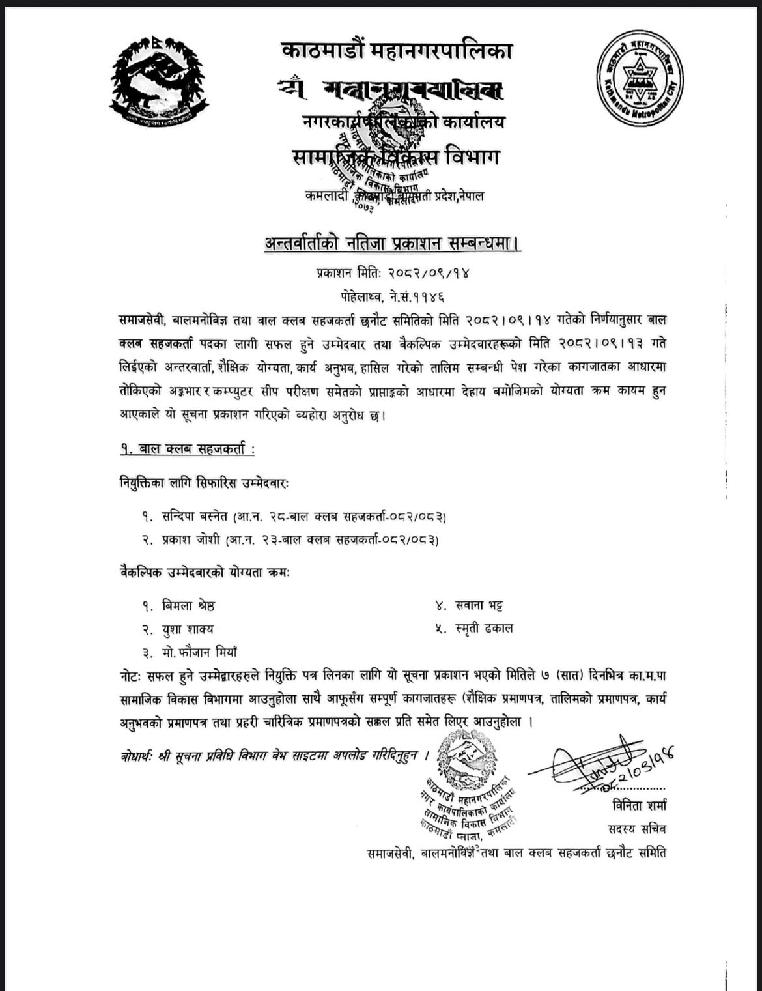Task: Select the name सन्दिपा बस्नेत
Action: [193, 517]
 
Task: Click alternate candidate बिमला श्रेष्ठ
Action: [188, 605]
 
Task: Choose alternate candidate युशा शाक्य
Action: [187, 629]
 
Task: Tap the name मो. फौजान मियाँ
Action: [199, 652]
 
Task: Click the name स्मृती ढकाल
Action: [483, 628]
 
